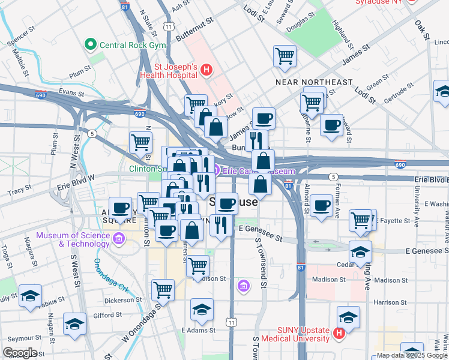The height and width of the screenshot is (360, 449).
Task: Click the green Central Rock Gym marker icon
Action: (91, 44)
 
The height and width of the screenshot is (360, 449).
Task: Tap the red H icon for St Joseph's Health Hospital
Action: (206, 70)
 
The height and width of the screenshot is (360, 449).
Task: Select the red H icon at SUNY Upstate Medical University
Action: (339, 332)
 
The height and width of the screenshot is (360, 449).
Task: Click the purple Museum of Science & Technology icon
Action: (118, 240)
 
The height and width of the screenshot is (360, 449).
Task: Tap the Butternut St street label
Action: (196, 32)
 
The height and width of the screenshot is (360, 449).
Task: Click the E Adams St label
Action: (198, 331)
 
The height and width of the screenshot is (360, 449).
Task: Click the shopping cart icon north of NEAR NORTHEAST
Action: (285, 56)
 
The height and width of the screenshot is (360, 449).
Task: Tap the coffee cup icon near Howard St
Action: (331, 125)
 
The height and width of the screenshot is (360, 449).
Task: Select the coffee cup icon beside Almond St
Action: (321, 206)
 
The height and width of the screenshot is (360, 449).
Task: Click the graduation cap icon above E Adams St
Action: (202, 310)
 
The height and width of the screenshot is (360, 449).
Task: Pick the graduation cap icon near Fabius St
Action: (30, 296)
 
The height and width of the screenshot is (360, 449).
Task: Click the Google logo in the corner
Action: (19, 353)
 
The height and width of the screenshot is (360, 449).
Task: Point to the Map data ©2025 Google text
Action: (410, 355)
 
